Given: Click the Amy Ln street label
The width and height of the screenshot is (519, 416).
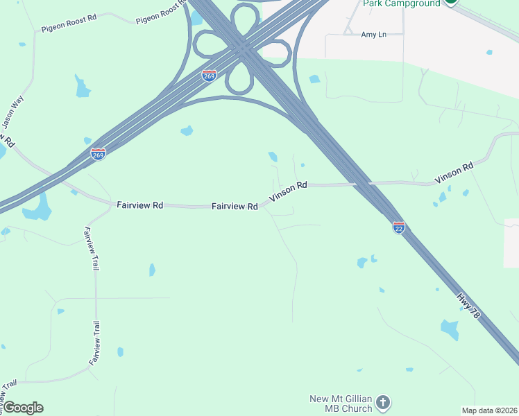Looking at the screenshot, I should [x=373, y=34].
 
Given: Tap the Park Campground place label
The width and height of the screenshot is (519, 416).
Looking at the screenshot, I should [x=402, y=3].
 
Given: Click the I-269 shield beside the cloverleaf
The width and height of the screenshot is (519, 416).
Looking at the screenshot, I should [x=209, y=75].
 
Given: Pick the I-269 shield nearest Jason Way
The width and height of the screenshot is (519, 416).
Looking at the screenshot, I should [x=98, y=154].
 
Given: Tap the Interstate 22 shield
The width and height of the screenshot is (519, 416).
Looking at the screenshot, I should [x=399, y=228].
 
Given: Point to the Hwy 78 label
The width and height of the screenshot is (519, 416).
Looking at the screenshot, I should [x=468, y=304].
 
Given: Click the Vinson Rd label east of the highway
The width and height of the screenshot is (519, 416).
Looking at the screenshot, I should [x=454, y=172].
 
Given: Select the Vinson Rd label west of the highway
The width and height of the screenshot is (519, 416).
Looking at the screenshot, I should [x=288, y=191].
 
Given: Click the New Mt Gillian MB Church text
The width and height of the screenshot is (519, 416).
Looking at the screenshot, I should [x=341, y=403].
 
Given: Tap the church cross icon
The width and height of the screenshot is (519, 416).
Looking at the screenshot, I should [x=383, y=402].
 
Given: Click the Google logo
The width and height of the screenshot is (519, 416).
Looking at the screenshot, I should [x=23, y=408].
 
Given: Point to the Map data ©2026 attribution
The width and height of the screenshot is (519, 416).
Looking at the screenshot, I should [x=489, y=410].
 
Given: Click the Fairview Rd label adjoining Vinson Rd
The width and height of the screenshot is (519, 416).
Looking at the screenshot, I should [x=235, y=206].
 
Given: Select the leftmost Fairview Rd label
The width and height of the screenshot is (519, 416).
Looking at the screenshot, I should [x=139, y=205].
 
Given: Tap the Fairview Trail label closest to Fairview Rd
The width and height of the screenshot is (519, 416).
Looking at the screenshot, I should [x=91, y=248].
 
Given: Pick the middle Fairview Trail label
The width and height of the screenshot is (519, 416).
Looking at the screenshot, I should [x=95, y=344].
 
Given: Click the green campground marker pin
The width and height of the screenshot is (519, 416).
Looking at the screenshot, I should [x=451, y=2].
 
